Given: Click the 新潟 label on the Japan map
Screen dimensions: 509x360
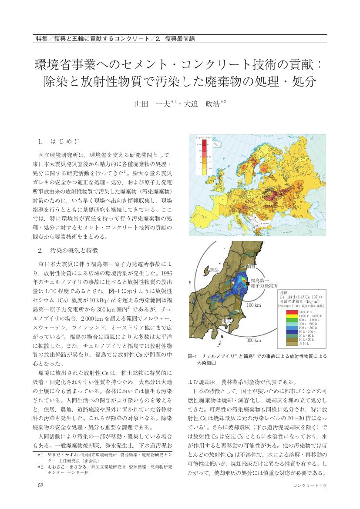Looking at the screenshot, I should [214, 270].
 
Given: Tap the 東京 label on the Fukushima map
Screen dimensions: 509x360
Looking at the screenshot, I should [226, 321].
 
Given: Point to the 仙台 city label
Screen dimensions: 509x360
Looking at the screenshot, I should [251, 265].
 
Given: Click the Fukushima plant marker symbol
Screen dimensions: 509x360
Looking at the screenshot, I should [248, 283].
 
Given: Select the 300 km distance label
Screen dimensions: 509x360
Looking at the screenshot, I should [254, 340].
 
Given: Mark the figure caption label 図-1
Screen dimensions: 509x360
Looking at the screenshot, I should [193, 356].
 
